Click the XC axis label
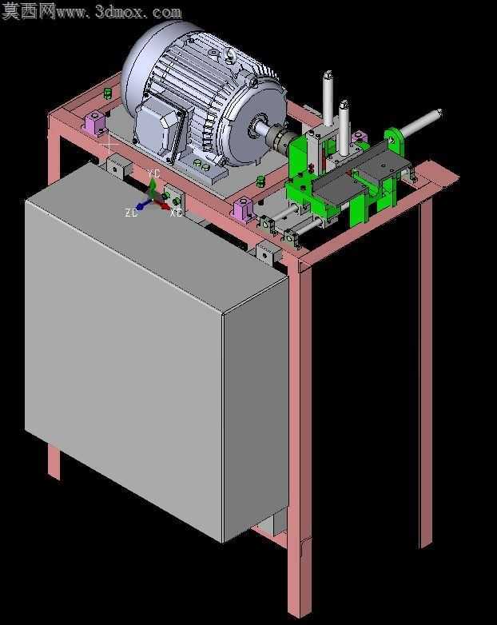[176, 213]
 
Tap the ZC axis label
[131, 213]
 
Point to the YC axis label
[153, 173]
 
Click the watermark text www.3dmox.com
[119, 12]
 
